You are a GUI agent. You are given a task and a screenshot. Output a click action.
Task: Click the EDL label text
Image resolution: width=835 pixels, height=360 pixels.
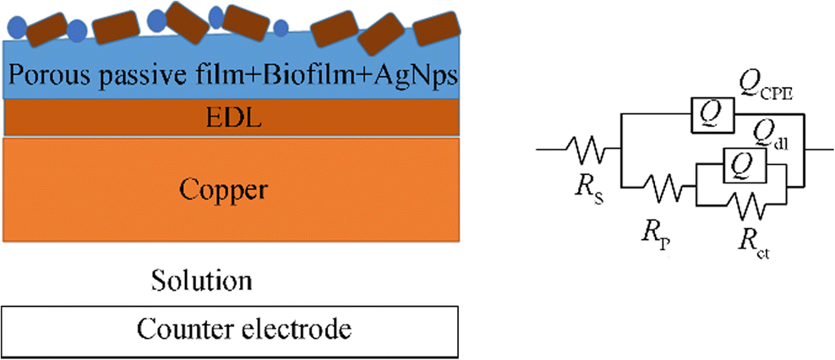pyautogui.click(x=230, y=117)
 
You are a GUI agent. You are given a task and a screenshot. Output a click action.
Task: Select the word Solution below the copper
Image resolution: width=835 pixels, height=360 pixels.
pyautogui.click(x=201, y=279)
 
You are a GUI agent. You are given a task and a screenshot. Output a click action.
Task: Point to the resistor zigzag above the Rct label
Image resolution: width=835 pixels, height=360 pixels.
pyautogui.click(x=742, y=204)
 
